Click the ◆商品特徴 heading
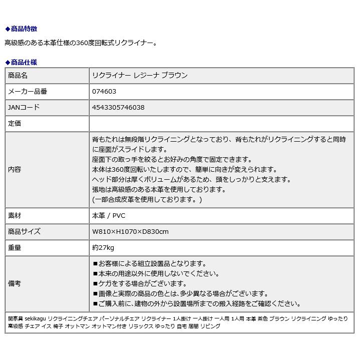[21, 29]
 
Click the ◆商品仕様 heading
[21, 63]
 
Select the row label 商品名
[18, 76]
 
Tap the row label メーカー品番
[28, 92]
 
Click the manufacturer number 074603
[104, 92]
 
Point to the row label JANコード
[24, 108]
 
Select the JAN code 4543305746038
[118, 108]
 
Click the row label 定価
[15, 123]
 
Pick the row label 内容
[15, 169]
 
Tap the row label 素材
[15, 215]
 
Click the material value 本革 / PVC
[109, 215]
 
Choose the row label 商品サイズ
[24, 231]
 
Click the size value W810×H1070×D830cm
[130, 231]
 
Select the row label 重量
[15, 247]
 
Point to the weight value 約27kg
[103, 247]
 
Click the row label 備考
[15, 283]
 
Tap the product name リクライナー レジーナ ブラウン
[140, 76]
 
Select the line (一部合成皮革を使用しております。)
[147, 199]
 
